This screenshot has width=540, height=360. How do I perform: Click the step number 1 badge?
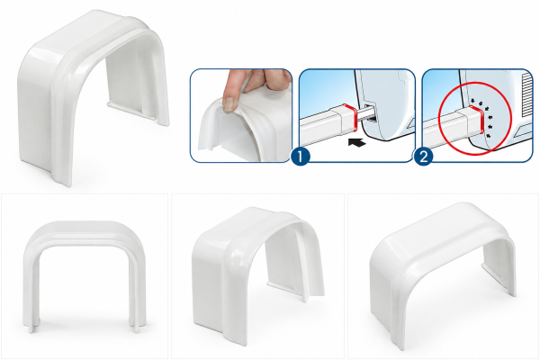point(301,157)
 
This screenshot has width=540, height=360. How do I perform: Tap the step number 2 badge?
point(424,157)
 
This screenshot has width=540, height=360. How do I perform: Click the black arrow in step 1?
point(356,142)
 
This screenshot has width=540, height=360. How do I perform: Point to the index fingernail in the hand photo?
point(229,103)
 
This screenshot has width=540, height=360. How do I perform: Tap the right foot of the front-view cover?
point(138,325)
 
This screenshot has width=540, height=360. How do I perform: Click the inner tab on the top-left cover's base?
point(125,107)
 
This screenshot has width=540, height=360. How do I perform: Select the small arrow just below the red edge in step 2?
point(488,136)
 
